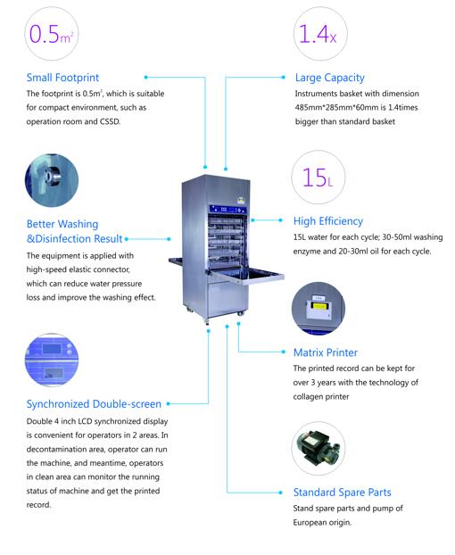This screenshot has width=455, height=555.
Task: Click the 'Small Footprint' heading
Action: [62, 78]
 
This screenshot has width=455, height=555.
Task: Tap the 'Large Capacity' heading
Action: [330, 78]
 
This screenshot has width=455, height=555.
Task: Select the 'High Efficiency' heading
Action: [328, 221]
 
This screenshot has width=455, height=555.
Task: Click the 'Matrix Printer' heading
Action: [326, 352]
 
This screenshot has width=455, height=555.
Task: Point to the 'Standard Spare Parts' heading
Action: [342, 493]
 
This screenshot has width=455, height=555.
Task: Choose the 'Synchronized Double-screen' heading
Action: [94, 404]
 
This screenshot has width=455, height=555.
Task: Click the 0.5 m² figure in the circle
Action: [52, 34]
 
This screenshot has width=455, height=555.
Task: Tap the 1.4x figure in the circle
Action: [318, 34]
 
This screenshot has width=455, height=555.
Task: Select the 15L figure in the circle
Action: [318, 178]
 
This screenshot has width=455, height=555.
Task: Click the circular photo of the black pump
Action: [318, 449]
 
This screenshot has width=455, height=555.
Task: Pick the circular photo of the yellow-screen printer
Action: [318, 309]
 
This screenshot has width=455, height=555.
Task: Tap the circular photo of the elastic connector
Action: [52, 180]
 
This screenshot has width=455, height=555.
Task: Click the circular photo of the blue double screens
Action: [52, 360]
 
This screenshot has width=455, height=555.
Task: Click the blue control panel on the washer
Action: [227, 210]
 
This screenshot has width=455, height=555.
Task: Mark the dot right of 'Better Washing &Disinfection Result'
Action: [127, 239]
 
